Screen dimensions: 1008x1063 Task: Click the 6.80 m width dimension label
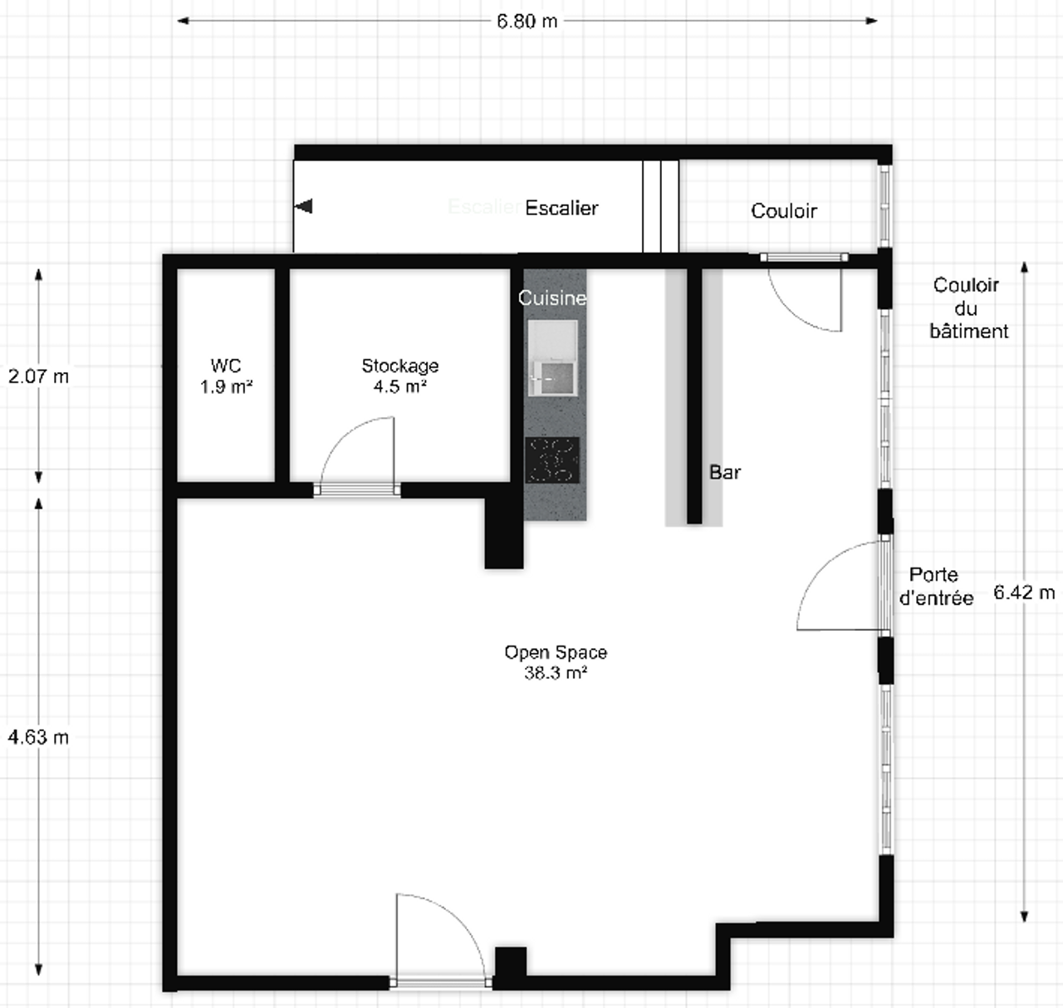click(527, 21)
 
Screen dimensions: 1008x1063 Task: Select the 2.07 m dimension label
click(38, 376)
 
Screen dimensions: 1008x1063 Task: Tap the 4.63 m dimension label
click(38, 736)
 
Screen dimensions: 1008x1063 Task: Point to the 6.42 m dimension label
click(1024, 593)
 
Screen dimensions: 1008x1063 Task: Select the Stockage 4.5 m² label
click(399, 376)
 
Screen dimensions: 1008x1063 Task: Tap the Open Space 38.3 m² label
click(556, 662)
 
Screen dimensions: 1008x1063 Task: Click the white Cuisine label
click(552, 297)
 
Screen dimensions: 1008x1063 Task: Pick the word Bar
click(725, 472)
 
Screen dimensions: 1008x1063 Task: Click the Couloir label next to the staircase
click(783, 211)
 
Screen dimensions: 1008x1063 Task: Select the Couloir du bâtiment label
click(967, 308)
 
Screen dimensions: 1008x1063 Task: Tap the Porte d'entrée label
click(936, 586)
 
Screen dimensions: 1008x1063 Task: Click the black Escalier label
click(561, 208)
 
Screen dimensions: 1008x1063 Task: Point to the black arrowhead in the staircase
click(304, 206)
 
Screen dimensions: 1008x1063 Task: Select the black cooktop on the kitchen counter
click(552, 460)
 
